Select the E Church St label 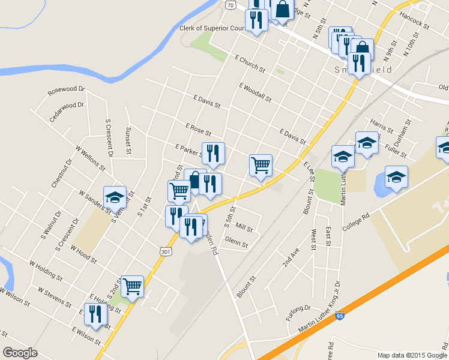point(250,64)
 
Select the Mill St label point(244,227)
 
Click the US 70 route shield point(231,5)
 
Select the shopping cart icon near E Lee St point(261,166)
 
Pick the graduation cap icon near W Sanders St point(115,196)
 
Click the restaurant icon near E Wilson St point(95,314)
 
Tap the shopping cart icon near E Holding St point(132,287)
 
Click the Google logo point(20,353)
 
